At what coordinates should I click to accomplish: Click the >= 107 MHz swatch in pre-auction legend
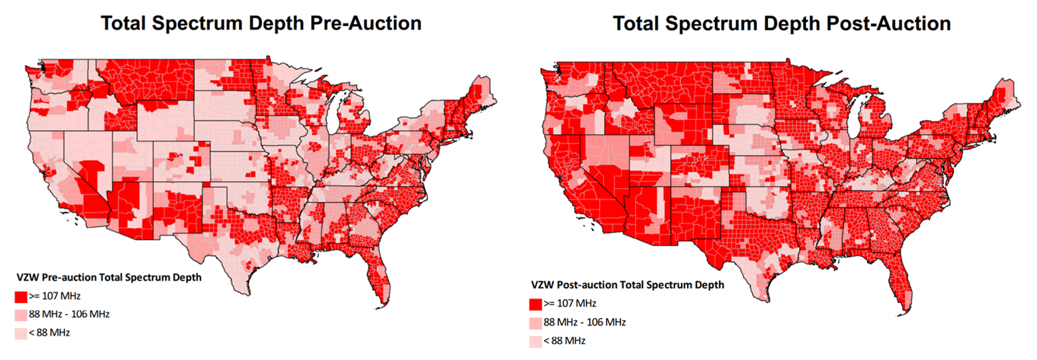tap(21, 295)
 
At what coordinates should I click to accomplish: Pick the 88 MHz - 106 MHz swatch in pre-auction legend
tap(21, 314)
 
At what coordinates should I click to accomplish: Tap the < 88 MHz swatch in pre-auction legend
tap(21, 332)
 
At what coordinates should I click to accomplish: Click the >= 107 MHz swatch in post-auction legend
tap(535, 304)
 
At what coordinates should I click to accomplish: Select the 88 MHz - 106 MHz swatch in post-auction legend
tap(535, 323)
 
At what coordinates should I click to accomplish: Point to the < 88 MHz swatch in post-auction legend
tap(535, 341)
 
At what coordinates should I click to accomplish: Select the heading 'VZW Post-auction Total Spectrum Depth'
tap(627, 285)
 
